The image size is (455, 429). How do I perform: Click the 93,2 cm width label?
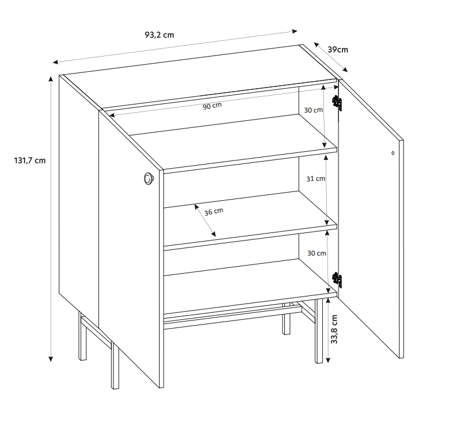(159, 35)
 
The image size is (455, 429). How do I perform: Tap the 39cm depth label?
(338, 50)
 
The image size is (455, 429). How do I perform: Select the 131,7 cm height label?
(30, 161)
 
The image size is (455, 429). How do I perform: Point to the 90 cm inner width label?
(212, 106)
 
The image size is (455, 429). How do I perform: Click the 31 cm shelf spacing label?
(316, 179)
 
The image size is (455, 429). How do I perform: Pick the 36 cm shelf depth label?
(214, 212)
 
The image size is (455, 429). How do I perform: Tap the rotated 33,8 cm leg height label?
(334, 329)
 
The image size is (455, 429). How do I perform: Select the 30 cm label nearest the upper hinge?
(313, 110)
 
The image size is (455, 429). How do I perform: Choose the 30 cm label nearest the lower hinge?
(316, 253)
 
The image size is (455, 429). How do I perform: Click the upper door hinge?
(337, 103)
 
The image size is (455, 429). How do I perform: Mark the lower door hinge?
(337, 280)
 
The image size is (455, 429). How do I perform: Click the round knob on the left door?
(149, 178)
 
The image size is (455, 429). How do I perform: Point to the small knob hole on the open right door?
(393, 153)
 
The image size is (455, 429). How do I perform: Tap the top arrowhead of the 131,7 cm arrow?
(51, 78)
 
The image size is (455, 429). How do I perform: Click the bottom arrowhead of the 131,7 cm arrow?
(51, 359)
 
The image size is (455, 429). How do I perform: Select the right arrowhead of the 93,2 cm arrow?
(295, 31)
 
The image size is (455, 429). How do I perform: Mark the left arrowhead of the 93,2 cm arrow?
(55, 62)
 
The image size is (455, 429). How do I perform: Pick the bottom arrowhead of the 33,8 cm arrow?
(328, 360)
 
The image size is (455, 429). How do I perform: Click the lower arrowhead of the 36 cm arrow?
(213, 234)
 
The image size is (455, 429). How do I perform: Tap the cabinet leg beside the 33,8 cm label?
(319, 331)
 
